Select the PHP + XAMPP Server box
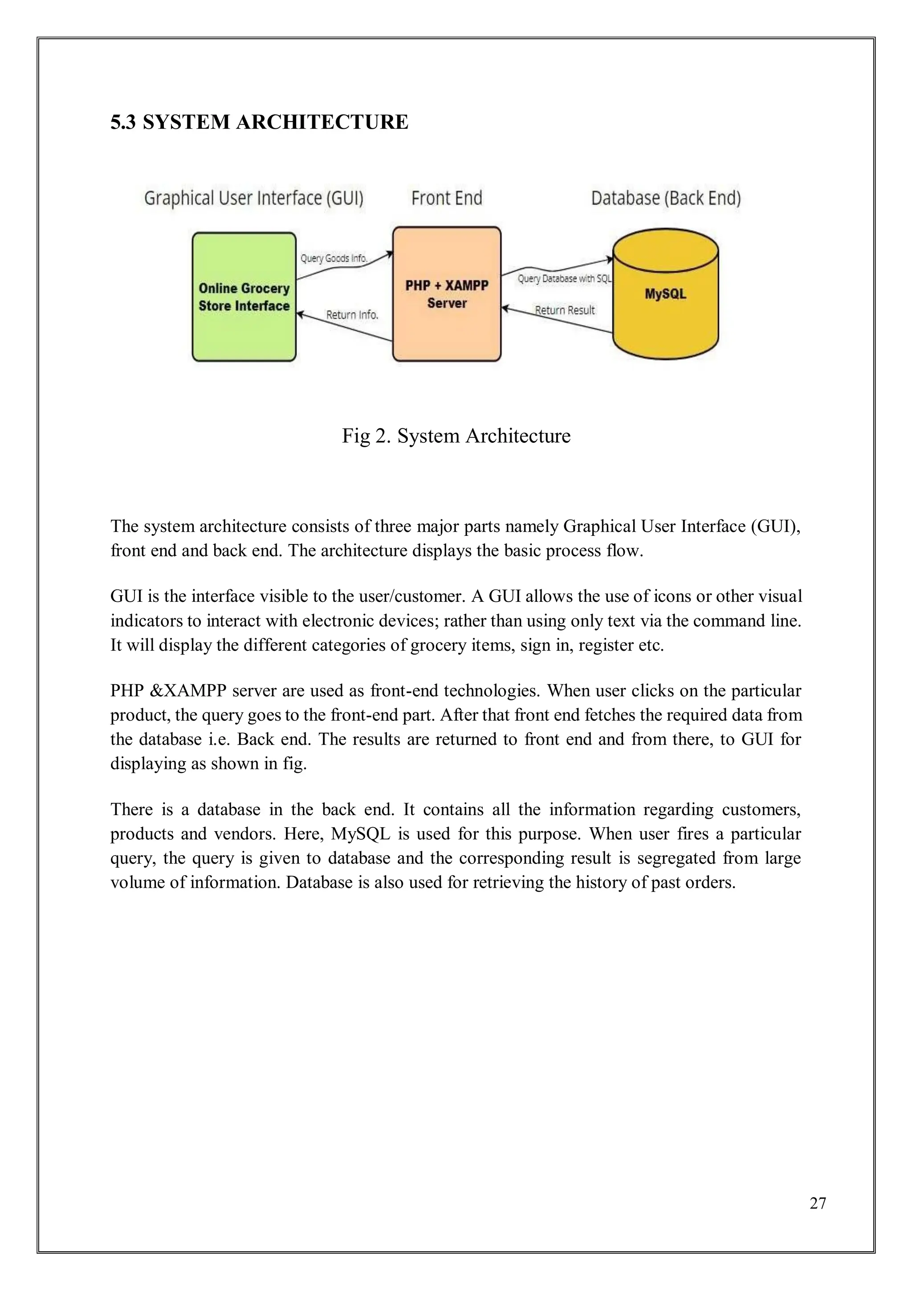[447, 294]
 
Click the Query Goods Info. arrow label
[334, 258]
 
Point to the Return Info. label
[352, 314]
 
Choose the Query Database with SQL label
[564, 279]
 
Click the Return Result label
[564, 310]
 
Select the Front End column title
[447, 198]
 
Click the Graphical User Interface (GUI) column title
[254, 198]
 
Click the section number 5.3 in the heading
[123, 122]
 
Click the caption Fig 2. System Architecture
[456, 436]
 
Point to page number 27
[818, 1202]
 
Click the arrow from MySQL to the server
[556, 320]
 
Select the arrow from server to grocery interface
[344, 327]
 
